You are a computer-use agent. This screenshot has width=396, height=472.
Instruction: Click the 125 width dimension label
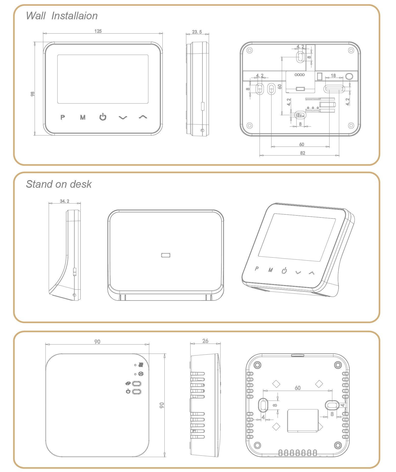click(x=98, y=31)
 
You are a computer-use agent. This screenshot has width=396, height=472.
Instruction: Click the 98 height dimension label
click(x=32, y=94)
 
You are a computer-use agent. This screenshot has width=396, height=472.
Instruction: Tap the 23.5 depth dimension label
click(x=197, y=32)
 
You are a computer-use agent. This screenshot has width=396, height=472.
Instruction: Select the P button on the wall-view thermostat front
click(x=63, y=117)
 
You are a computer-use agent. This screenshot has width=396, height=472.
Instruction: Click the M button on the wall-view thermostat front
click(x=83, y=117)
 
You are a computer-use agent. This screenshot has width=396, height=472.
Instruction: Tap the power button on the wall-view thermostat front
click(x=103, y=117)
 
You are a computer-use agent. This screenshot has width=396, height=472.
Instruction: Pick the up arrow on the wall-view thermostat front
click(x=143, y=117)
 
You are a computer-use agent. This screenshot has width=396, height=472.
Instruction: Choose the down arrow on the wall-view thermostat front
click(x=123, y=118)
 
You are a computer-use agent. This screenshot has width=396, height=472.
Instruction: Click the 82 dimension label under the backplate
click(x=303, y=153)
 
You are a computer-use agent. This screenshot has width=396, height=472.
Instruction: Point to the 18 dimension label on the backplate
click(x=333, y=75)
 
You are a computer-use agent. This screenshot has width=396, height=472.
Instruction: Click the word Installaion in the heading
click(x=75, y=16)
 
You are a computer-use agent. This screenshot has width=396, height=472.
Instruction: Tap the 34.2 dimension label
click(x=64, y=201)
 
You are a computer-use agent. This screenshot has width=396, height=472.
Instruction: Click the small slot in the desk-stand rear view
click(x=166, y=255)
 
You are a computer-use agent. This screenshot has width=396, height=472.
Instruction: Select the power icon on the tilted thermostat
click(x=284, y=271)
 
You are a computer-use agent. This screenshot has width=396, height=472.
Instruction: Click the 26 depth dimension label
click(x=205, y=341)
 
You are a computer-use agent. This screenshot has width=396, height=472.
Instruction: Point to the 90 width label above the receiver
click(x=97, y=342)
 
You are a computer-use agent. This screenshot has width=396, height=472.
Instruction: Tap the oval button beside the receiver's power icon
click(x=137, y=391)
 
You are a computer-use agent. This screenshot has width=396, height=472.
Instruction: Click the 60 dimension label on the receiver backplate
click(x=298, y=388)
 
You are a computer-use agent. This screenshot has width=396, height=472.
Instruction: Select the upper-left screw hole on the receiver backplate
click(x=257, y=365)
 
